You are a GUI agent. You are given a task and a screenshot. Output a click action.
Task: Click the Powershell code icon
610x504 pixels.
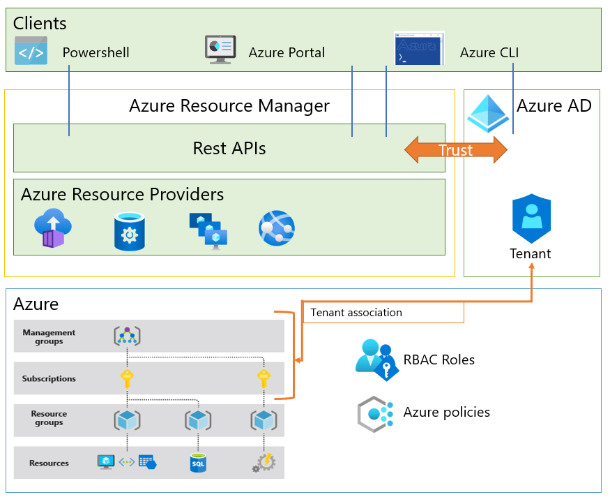click(x=31, y=51)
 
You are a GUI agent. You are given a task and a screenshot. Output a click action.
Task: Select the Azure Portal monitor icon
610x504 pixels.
click(x=220, y=50)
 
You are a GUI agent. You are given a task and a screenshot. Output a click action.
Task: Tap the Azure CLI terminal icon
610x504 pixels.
click(x=418, y=48)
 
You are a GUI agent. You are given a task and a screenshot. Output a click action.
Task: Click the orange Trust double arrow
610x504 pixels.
click(x=456, y=150)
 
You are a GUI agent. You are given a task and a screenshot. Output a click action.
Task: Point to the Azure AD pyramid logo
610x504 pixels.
click(x=488, y=113)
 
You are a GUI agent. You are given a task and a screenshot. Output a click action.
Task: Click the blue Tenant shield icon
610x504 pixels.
click(x=531, y=218)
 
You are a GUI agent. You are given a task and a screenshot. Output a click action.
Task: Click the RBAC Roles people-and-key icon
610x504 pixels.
click(x=376, y=360)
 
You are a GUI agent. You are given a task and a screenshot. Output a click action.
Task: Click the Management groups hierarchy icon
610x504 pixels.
click(x=127, y=336)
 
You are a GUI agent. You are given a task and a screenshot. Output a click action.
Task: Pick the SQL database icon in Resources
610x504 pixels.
click(x=198, y=462)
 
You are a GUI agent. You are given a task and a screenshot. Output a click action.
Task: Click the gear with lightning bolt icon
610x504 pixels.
click(x=264, y=462)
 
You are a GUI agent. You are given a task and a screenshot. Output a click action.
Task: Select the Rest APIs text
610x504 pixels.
click(x=229, y=148)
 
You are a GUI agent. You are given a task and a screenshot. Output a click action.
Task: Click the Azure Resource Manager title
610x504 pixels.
click(x=229, y=106)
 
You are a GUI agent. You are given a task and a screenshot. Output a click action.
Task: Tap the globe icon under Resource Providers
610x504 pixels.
click(x=277, y=228)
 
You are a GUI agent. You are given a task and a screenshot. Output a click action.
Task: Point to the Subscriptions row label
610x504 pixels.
click(x=49, y=378)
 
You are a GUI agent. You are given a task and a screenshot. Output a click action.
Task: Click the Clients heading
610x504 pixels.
click(x=40, y=23)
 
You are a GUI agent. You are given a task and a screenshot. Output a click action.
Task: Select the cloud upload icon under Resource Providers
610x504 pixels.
click(x=53, y=228)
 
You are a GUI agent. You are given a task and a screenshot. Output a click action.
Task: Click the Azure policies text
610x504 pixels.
click(x=446, y=413)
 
